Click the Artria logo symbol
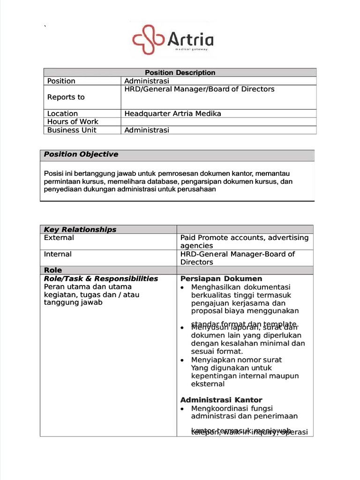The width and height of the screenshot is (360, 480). pos(149,40)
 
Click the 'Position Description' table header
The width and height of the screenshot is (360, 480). pos(180,73)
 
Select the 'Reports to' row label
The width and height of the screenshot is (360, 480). pos(66,97)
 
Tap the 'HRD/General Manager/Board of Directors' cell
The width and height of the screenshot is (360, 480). pos(199,89)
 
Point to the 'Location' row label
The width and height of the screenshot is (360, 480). pos(62,113)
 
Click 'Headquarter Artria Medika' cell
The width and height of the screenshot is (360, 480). pos(172,113)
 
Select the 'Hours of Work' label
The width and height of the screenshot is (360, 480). pos(73,122)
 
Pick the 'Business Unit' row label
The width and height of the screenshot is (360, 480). pos(72,130)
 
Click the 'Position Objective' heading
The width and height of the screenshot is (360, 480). pos(81,155)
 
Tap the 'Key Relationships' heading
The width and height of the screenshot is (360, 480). pos(80,230)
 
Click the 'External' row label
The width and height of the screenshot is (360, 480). pos(59,238)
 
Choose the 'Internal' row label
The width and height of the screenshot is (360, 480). pos(58,254)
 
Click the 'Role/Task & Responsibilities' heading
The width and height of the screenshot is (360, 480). pos(101,278)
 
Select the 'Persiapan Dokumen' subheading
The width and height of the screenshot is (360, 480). pos(221,279)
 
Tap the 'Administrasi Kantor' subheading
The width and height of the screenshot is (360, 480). pos(221,400)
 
